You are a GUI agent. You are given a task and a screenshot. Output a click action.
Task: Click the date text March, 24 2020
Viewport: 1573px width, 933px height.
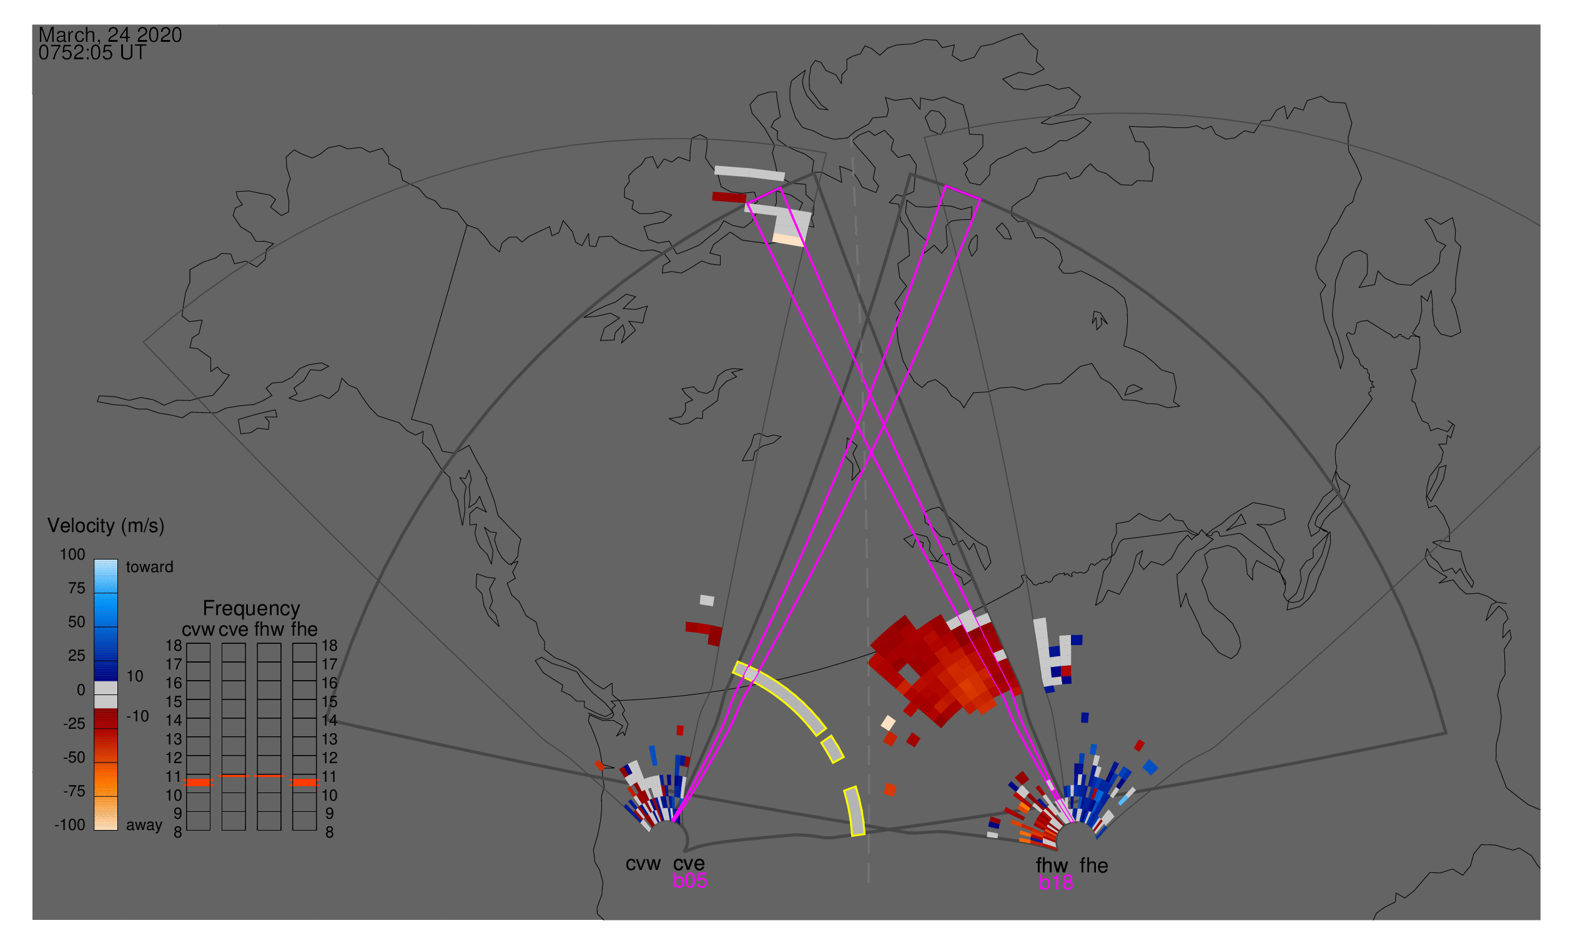pyautogui.click(x=110, y=35)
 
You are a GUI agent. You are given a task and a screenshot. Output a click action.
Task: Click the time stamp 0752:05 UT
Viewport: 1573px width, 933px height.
pyautogui.click(x=92, y=53)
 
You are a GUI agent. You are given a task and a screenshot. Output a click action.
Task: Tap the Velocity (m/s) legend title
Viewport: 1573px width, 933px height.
pyautogui.click(x=106, y=526)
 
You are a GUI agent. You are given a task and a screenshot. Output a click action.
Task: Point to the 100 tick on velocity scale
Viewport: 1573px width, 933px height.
pyautogui.click(x=72, y=555)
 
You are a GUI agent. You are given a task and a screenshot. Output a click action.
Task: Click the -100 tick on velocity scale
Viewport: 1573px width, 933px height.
pyautogui.click(x=70, y=826)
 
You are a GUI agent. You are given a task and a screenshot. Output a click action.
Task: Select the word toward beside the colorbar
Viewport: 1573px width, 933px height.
pyautogui.click(x=150, y=568)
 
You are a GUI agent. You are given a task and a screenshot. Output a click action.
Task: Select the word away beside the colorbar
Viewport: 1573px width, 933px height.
pyautogui.click(x=144, y=826)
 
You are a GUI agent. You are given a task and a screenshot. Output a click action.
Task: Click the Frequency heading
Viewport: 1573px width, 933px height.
pyautogui.click(x=252, y=609)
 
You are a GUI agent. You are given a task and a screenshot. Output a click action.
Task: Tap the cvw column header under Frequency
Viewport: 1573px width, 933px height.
pyautogui.click(x=198, y=630)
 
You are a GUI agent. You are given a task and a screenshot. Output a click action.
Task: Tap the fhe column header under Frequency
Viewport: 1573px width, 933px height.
pyautogui.click(x=304, y=630)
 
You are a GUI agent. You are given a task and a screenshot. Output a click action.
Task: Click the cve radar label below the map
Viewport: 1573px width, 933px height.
pyautogui.click(x=689, y=864)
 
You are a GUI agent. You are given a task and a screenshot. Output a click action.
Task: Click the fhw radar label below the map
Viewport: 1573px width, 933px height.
pyautogui.click(x=1052, y=866)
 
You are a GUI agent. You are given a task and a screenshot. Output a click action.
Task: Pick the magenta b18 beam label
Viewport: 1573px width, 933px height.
pyautogui.click(x=1056, y=883)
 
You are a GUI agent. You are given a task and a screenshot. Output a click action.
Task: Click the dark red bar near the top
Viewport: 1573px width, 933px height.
pyautogui.click(x=729, y=197)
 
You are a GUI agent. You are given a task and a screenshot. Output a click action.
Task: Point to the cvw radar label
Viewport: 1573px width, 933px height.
pyautogui.click(x=643, y=864)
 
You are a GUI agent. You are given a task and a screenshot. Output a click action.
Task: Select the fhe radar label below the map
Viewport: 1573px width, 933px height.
pyautogui.click(x=1094, y=866)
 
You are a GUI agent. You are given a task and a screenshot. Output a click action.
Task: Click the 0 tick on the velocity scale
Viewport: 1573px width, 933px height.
pyautogui.click(x=81, y=690)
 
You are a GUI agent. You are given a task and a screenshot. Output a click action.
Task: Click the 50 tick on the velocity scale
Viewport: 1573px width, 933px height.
pyautogui.click(x=76, y=623)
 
